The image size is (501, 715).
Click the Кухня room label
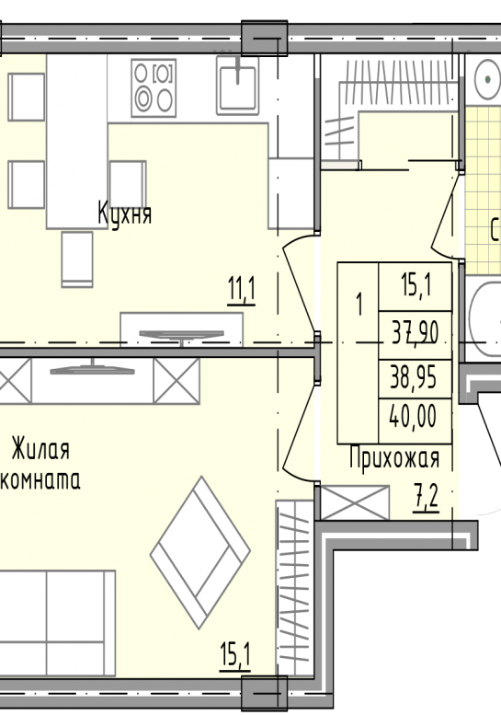click(x=124, y=213)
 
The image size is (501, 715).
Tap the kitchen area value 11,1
click(x=242, y=291)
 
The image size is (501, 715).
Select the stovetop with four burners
click(x=154, y=87)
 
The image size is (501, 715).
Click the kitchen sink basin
click(x=237, y=86)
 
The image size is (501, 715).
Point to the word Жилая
click(x=40, y=450)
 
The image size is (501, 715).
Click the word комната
click(x=40, y=480)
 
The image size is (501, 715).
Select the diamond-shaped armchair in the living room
click(x=200, y=553)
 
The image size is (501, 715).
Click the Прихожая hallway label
click(x=394, y=458)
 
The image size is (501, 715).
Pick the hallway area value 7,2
click(x=427, y=498)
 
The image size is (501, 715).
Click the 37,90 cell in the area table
click(x=415, y=333)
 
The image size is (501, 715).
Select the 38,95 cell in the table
click(x=415, y=378)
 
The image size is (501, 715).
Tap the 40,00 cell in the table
click(x=415, y=417)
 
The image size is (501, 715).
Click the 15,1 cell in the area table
click(x=415, y=286)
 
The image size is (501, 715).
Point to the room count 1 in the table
click(x=359, y=305)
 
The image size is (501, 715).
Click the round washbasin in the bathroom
click(x=488, y=79)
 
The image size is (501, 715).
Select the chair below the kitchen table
click(x=77, y=259)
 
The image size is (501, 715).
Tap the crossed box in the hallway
click(x=355, y=502)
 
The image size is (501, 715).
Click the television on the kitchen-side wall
click(x=182, y=335)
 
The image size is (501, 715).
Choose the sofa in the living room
click(x=58, y=623)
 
